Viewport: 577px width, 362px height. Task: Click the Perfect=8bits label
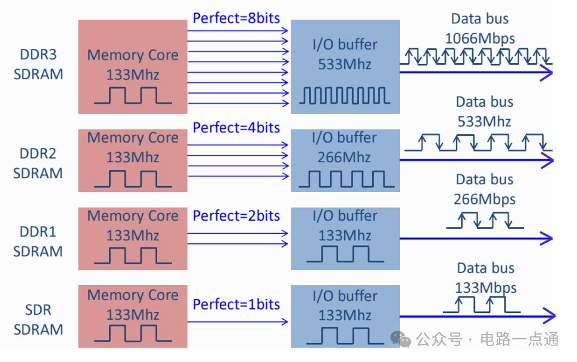click(236, 18)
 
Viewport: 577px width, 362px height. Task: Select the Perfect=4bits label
click(236, 128)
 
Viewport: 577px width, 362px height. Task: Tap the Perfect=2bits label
click(236, 216)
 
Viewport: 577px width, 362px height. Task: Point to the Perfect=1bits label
click(236, 304)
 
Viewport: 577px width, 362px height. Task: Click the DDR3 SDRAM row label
click(38, 64)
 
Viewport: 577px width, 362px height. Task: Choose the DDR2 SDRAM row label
click(38, 163)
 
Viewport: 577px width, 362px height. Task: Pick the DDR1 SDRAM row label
click(38, 242)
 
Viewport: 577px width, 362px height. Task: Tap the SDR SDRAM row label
click(38, 320)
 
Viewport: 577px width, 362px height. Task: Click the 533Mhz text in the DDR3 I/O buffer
click(345, 64)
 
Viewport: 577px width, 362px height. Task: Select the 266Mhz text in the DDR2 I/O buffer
click(344, 157)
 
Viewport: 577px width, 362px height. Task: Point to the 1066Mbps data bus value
click(480, 38)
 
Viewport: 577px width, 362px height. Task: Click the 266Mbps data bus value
click(484, 199)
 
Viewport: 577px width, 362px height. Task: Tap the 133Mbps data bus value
click(486, 287)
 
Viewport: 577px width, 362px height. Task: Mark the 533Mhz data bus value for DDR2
click(484, 122)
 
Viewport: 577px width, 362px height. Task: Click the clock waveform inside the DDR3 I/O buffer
click(345, 96)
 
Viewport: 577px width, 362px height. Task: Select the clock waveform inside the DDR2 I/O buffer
click(347, 179)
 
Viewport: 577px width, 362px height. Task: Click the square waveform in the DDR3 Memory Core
click(133, 95)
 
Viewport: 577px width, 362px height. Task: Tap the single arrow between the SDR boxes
click(238, 322)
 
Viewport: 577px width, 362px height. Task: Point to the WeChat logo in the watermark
click(401, 339)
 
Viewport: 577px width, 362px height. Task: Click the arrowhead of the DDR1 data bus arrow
click(547, 238)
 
